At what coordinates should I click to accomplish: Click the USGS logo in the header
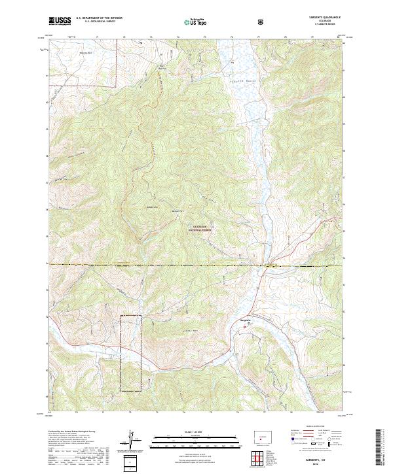pyautogui.click(x=60, y=21)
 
